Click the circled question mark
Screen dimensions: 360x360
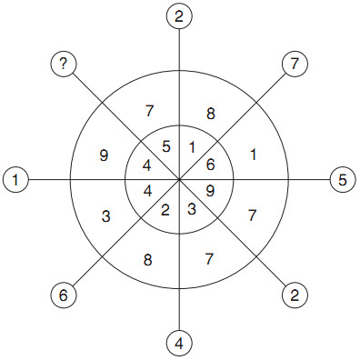(64, 65)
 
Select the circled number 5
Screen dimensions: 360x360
(343, 180)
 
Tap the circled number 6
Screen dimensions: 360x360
(64, 295)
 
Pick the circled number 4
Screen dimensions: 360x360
(179, 344)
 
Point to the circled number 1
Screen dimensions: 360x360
(15, 180)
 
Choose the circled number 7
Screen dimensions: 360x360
(295, 65)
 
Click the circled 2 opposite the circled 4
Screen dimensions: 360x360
(179, 16)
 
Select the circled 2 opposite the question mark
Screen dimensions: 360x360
(295, 295)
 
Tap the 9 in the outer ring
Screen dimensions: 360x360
(104, 155)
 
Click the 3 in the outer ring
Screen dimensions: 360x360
(105, 216)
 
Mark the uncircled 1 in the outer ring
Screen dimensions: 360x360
(254, 155)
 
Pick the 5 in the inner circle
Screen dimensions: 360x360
(166, 146)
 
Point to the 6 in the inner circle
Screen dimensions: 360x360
(210, 165)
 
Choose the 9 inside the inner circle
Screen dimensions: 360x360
(210, 191)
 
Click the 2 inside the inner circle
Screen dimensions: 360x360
(165, 210)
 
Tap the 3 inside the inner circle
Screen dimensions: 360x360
(192, 209)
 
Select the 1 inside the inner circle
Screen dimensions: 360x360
(192, 147)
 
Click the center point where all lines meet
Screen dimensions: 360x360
(179, 180)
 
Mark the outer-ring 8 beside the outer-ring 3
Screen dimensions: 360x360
(147, 260)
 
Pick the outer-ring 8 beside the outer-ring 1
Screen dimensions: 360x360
(211, 114)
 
